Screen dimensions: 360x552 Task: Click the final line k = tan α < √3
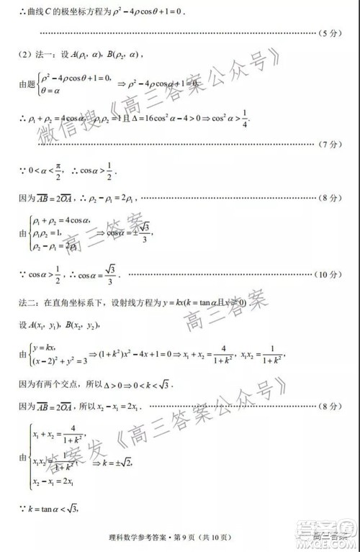[50, 509]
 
